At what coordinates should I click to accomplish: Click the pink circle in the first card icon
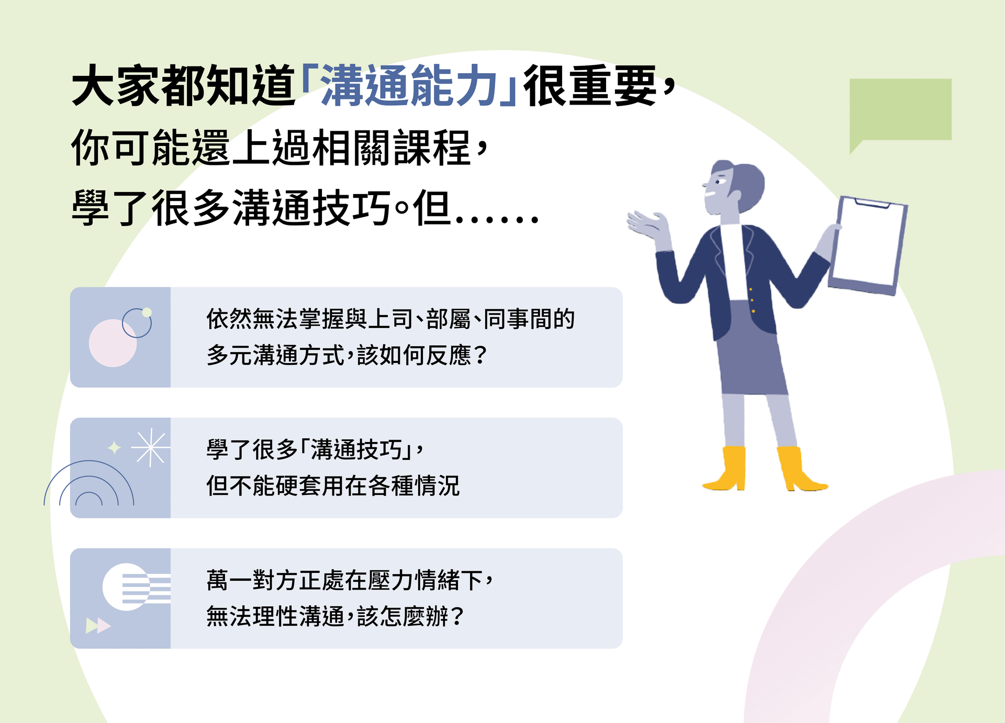click(112, 343)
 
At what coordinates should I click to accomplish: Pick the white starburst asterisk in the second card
click(150, 448)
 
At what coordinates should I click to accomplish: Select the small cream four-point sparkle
click(114, 448)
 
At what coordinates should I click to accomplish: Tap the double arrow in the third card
click(98, 625)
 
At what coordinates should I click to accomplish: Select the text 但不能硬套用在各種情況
click(333, 486)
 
